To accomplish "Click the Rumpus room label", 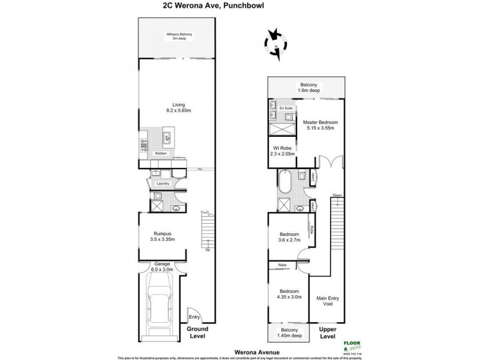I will (x=161, y=236).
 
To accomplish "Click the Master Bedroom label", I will (x=320, y=125).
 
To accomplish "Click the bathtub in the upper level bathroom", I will (x=286, y=180).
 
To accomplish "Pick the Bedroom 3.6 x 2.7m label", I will (x=289, y=237).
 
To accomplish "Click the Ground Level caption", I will (x=197, y=333).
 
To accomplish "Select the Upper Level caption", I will (x=328, y=333).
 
